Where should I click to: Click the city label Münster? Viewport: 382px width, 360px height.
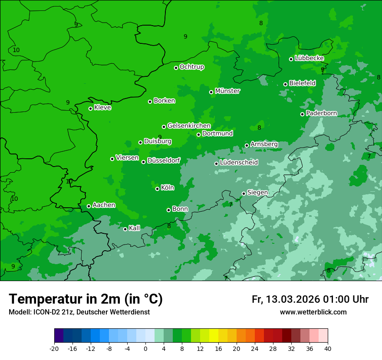227,91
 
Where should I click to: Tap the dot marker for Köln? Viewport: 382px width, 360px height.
157,189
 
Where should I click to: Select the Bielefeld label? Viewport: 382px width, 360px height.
302,83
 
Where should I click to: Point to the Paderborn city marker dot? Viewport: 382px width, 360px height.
302,114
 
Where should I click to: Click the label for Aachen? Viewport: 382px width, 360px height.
104,205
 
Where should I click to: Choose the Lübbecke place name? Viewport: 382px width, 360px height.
309,58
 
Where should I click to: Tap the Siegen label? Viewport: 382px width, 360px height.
257,193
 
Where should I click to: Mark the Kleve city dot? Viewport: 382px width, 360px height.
90,108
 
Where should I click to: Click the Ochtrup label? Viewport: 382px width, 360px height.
191,67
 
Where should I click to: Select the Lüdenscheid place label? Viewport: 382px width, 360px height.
239,163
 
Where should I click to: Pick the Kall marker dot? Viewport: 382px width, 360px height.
125,229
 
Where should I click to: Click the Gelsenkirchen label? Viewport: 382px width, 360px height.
189,126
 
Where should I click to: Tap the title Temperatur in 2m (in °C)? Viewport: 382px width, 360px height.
86,299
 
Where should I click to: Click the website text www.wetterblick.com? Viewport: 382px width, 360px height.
313,312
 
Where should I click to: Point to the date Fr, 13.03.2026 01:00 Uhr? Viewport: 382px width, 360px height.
310,299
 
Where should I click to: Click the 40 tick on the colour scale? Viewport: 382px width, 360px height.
328,348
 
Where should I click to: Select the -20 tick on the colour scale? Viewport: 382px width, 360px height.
54,348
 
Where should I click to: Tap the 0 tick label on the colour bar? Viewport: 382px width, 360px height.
145,348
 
